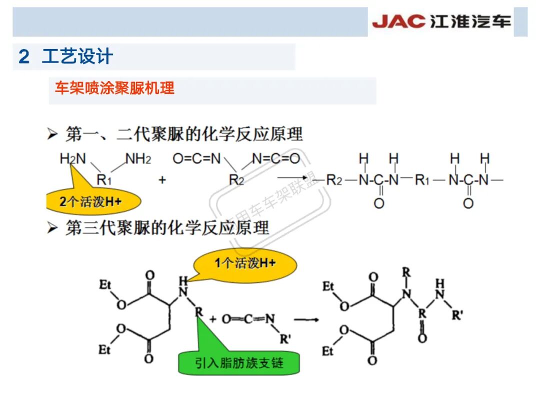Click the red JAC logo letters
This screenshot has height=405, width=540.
click(x=398, y=21)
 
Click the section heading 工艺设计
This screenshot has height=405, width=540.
click(x=77, y=56)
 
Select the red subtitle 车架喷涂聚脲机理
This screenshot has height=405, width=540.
click(x=114, y=88)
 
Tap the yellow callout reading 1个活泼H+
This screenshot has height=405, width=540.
click(x=245, y=263)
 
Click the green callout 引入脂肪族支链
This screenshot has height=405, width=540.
click(x=239, y=362)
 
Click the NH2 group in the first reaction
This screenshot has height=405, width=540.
click(x=138, y=159)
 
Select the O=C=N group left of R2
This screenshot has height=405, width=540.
click(x=196, y=159)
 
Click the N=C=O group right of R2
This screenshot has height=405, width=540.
click(x=276, y=159)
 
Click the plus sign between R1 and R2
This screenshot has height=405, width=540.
click(x=162, y=180)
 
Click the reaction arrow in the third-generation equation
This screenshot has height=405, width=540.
click(x=306, y=318)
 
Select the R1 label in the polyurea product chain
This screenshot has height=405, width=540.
click(x=422, y=180)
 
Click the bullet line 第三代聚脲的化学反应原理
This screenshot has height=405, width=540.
click(x=167, y=228)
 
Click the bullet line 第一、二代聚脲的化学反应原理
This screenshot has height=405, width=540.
click(x=184, y=134)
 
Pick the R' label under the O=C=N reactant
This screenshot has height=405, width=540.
click(x=285, y=339)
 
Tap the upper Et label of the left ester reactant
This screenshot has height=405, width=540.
click(x=104, y=285)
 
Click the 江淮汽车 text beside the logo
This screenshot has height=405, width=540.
click(x=470, y=21)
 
